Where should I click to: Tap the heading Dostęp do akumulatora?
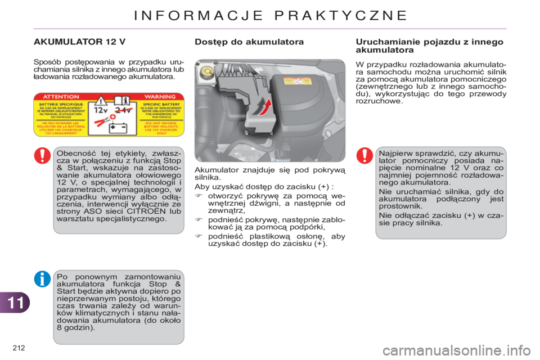pos(249,42)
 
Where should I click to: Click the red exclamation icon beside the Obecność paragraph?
pos(43,156)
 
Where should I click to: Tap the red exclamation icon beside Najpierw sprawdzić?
pos(365,156)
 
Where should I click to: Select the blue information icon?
pos(43,278)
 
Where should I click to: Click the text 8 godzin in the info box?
pos(76,327)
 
